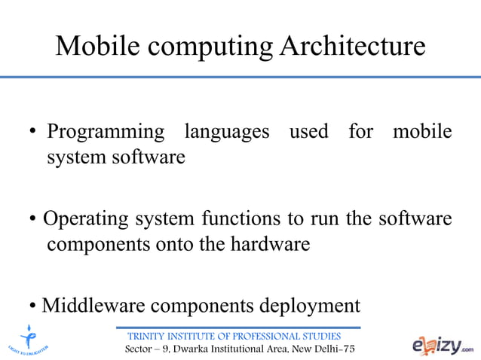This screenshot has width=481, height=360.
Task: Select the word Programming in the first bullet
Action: click(x=106, y=133)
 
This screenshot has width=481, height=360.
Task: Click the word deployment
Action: click(x=311, y=307)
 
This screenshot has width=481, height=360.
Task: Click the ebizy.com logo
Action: click(x=443, y=346)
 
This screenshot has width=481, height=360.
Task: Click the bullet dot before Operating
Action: click(x=34, y=221)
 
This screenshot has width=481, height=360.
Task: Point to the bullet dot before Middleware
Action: click(x=34, y=307)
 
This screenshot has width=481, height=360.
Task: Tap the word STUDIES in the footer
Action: click(x=323, y=336)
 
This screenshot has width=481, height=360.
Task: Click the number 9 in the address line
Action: click(x=169, y=350)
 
